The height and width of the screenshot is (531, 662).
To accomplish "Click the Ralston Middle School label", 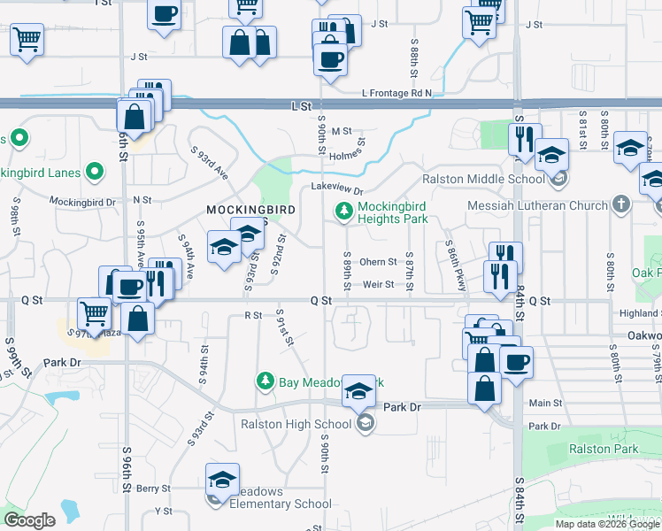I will tap(482, 179).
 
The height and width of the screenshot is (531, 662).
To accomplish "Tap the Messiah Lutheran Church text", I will tap(538, 205).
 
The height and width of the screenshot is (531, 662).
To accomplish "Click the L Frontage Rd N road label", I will tap(396, 93).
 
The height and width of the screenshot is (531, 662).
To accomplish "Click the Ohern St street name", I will tap(378, 262).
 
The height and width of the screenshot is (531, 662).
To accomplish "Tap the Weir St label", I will tap(378, 284).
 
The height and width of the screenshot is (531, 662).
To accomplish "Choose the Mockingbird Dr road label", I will tap(82, 202).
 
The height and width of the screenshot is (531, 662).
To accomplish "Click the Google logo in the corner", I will tap(30, 520).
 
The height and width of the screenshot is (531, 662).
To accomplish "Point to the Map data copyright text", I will tap(606, 524).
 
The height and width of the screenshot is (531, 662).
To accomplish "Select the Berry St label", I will tap(153, 488).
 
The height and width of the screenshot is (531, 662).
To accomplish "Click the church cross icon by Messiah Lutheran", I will tap(622, 205).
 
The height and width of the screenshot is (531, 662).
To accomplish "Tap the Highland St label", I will tap(640, 313).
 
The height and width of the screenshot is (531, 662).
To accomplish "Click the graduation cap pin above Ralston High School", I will tap(358, 390).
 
